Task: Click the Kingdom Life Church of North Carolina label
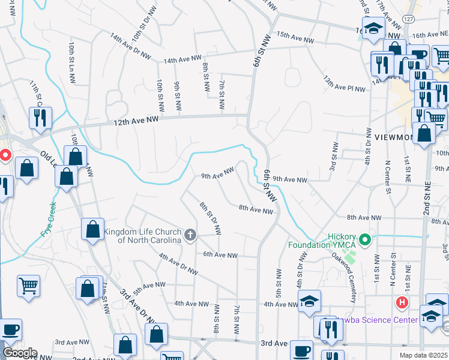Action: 142,236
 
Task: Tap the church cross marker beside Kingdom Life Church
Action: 190,235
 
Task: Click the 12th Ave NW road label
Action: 137,121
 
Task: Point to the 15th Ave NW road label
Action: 295,38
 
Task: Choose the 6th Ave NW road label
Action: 220,255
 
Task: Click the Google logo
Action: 19,353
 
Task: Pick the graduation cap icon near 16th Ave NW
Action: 375,28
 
